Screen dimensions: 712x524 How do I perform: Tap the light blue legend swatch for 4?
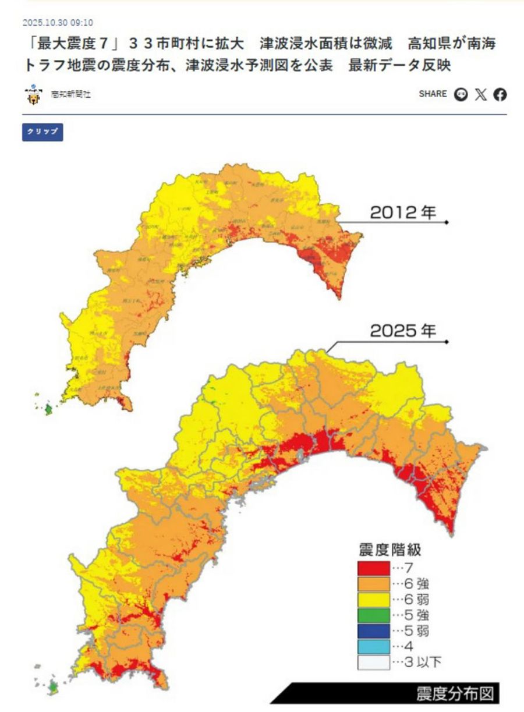(373, 646)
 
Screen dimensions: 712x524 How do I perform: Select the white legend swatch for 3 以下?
(373, 662)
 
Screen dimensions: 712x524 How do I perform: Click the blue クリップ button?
(43, 132)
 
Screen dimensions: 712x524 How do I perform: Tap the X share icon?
(480, 94)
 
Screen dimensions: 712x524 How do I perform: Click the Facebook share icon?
(500, 94)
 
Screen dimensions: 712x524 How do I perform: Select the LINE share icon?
(461, 94)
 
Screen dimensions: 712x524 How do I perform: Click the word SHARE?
(433, 94)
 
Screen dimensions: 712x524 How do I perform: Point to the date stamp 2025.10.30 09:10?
(58, 23)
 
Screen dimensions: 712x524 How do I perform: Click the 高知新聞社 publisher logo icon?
(34, 95)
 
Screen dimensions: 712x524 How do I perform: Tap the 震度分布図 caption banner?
(454, 694)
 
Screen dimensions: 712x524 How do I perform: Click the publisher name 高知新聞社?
(70, 95)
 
